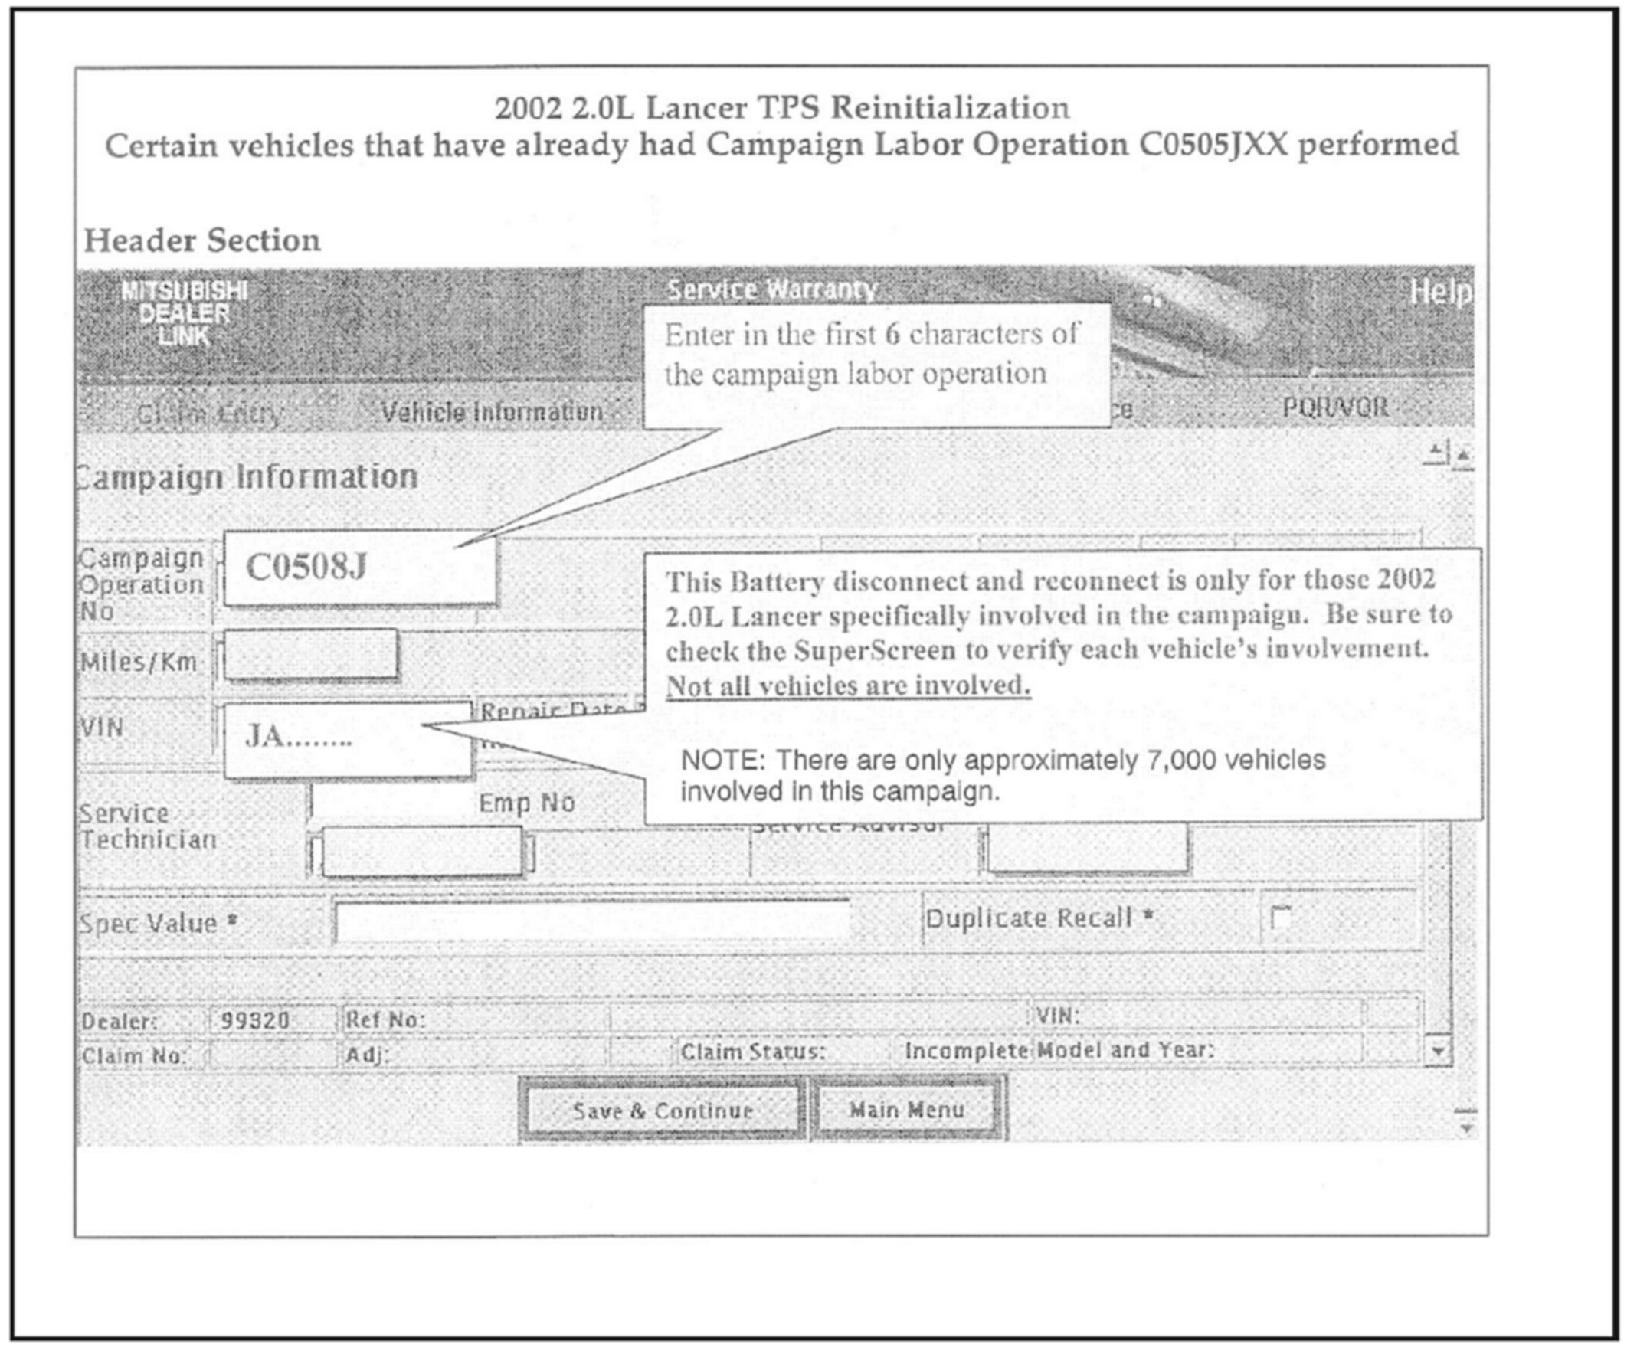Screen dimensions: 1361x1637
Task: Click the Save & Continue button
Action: [662, 1110]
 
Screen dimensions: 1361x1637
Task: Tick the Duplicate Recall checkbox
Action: [1279, 918]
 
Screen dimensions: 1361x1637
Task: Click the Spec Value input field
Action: [592, 922]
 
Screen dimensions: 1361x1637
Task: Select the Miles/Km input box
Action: [311, 655]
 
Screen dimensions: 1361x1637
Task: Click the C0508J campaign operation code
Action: [306, 567]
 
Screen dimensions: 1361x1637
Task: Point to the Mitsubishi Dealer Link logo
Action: [184, 313]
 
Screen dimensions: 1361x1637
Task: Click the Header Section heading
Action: [202, 240]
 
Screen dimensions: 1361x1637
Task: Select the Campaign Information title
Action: [250, 476]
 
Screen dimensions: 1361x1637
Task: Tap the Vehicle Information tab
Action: [492, 411]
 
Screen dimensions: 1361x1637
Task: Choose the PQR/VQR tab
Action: [1335, 407]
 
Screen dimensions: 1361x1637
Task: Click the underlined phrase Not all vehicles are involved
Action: [848, 685]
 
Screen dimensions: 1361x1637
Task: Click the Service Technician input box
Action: [422, 852]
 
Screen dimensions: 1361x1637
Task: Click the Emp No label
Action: [526, 802]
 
